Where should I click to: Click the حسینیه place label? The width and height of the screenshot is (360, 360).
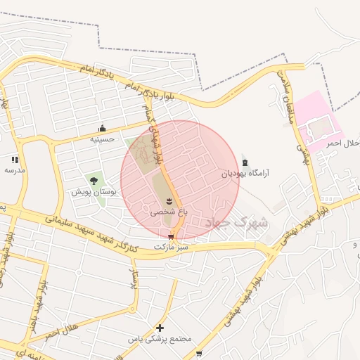point(102,139)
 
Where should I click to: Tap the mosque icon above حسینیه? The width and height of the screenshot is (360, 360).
point(103,128)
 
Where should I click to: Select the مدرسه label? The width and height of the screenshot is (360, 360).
point(15,170)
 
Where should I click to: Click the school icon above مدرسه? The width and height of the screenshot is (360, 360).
point(15,160)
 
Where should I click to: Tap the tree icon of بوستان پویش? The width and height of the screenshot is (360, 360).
point(94,181)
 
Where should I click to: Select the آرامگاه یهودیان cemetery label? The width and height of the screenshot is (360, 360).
point(245,172)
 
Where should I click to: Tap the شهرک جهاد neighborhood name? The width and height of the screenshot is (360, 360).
point(238,223)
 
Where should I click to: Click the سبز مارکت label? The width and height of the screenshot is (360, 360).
point(172,247)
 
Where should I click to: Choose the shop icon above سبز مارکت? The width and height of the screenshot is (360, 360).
point(171,237)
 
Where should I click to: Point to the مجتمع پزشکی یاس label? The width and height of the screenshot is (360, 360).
point(160,339)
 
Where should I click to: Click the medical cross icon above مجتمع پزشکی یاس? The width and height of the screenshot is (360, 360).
point(160,328)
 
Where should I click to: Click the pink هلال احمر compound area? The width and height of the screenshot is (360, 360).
point(316,123)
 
